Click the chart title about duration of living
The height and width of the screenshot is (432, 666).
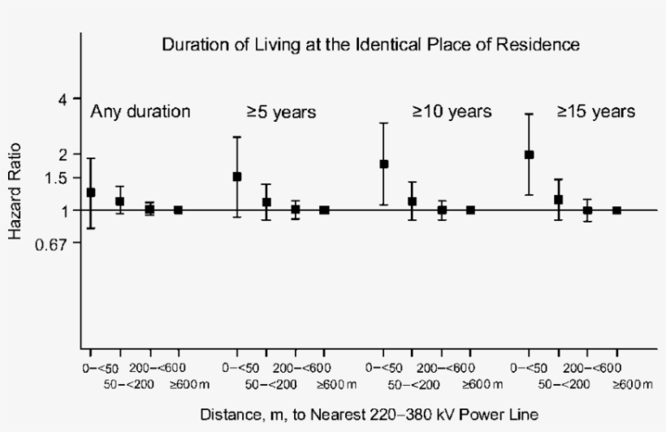pyautogui.click(x=370, y=45)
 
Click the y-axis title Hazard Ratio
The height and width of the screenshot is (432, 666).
pyautogui.click(x=15, y=192)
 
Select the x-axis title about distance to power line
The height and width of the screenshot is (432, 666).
pyautogui.click(x=370, y=414)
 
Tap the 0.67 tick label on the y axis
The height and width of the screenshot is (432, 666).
pyautogui.click(x=56, y=243)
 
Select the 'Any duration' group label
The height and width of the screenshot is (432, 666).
pyautogui.click(x=141, y=112)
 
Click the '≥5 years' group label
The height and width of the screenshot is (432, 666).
pyautogui.click(x=281, y=112)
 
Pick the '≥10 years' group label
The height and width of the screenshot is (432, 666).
pyautogui.click(x=452, y=112)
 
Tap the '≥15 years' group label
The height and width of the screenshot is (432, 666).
pyautogui.click(x=595, y=112)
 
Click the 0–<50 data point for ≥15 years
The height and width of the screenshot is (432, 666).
pyautogui.click(x=530, y=154)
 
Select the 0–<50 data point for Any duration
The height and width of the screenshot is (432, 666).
pyautogui.click(x=91, y=192)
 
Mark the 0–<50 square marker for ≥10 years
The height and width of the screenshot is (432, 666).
pyautogui.click(x=383, y=164)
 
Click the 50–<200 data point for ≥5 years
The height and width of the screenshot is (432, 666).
pyautogui.click(x=266, y=202)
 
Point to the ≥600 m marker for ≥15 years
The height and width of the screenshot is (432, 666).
pyautogui.click(x=616, y=210)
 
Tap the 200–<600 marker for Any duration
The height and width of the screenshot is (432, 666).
pyautogui.click(x=149, y=210)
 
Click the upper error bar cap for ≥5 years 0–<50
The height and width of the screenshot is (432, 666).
pyautogui.click(x=237, y=136)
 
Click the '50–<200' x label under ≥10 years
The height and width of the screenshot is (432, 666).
pyautogui.click(x=413, y=383)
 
